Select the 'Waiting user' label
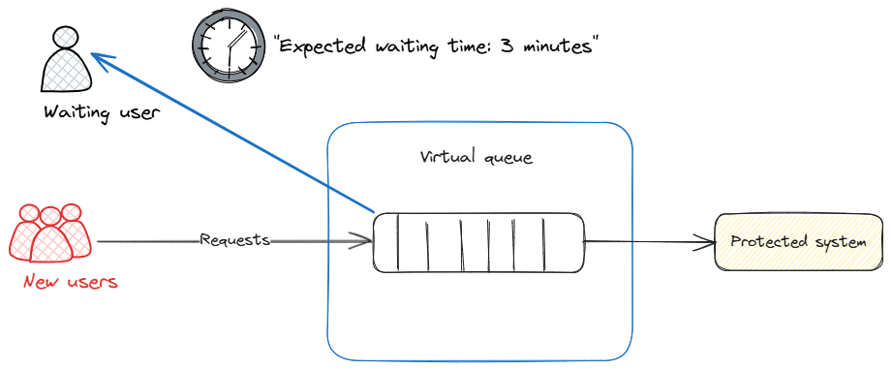tap(101, 112)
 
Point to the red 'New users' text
tap(70, 282)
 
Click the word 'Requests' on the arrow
tap(234, 239)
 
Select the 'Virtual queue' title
tap(476, 157)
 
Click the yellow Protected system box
tap(798, 241)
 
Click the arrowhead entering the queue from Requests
tap(366, 241)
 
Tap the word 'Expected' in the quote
tap(319, 46)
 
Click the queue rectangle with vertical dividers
tap(478, 242)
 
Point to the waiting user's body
tap(66, 74)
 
